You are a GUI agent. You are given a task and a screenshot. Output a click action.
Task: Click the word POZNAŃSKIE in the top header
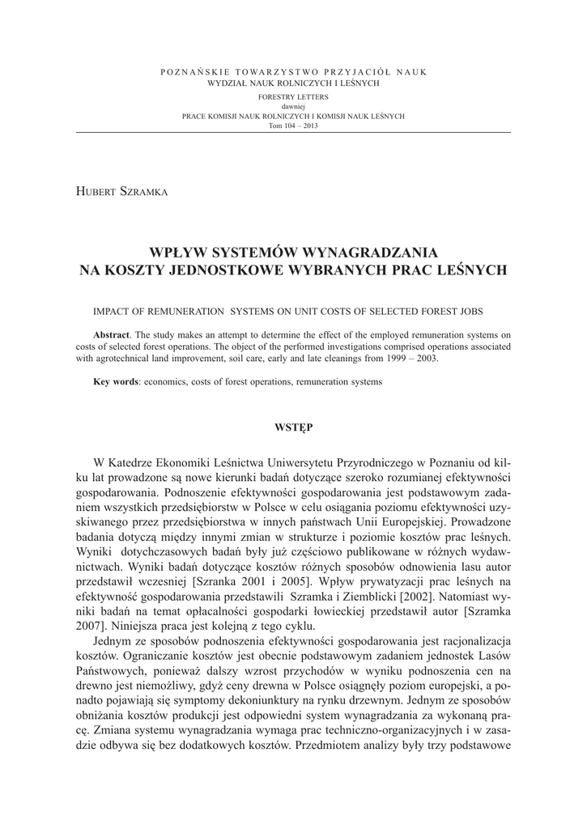point(193,73)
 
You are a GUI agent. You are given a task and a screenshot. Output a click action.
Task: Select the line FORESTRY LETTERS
point(293,96)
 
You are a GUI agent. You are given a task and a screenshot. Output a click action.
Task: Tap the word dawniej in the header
point(293,106)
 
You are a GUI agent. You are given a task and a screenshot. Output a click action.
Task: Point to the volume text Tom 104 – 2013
point(293,125)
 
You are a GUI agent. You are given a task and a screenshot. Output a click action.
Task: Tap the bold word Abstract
point(111,334)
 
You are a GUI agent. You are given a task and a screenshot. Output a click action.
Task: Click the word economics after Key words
point(171,381)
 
